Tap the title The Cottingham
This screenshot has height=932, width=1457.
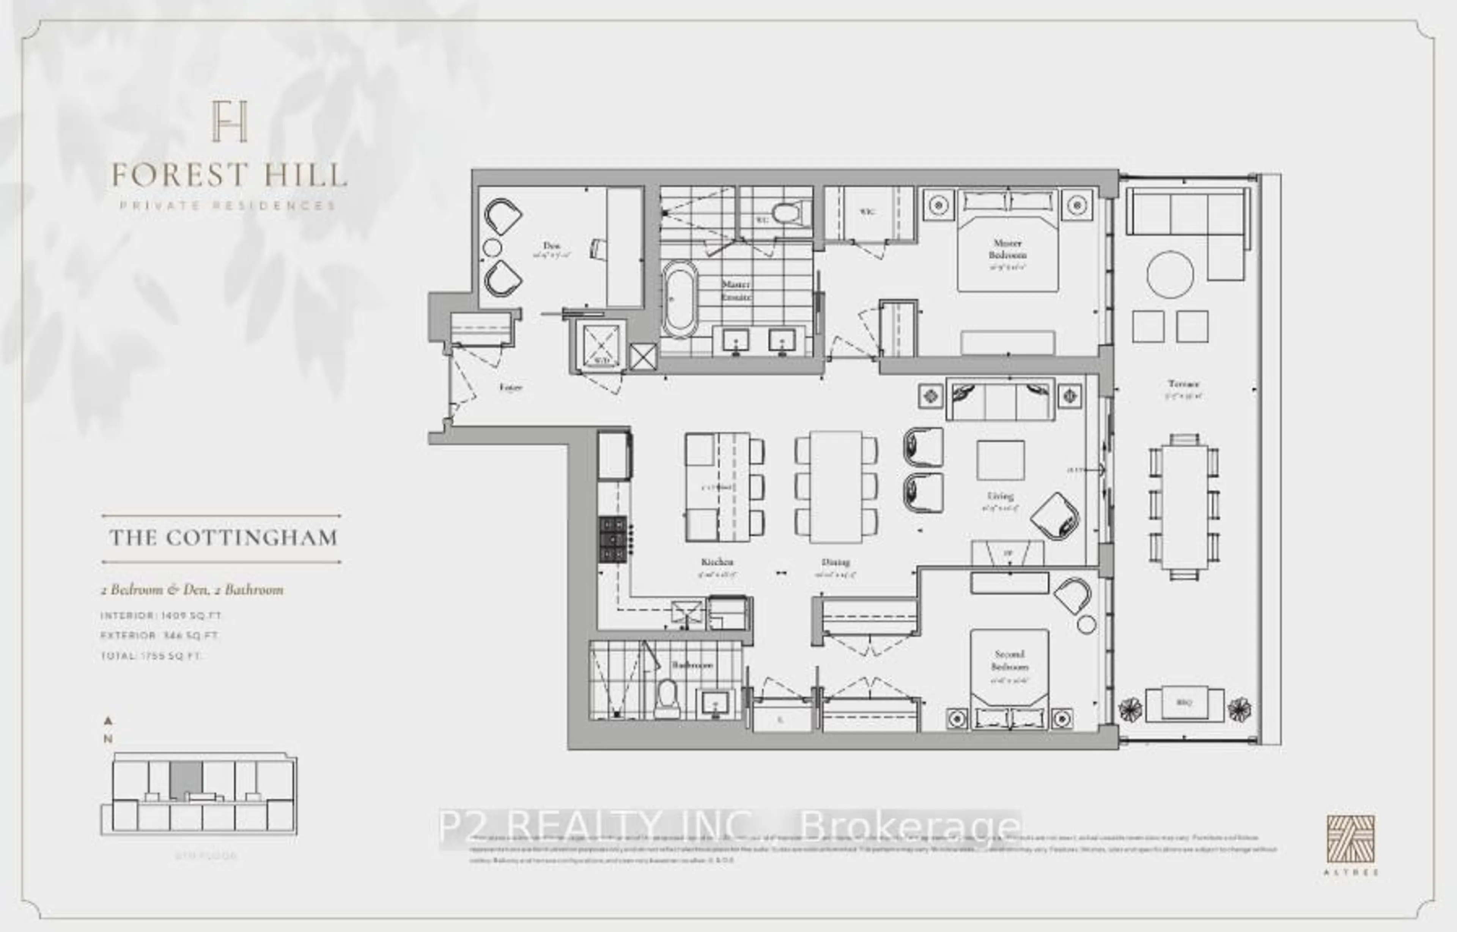223,538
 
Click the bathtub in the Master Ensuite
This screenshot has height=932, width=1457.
679,299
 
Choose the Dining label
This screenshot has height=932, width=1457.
835,562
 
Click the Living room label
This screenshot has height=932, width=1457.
1000,496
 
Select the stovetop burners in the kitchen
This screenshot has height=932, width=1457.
612,539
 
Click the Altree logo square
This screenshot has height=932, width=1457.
1350,839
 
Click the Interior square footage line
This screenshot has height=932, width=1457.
161,616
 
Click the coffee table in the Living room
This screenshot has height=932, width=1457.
1000,460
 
